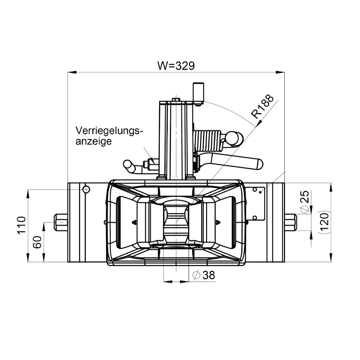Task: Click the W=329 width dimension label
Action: click(175, 65)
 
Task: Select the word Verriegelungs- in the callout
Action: click(109, 131)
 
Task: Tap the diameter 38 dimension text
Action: click(203, 275)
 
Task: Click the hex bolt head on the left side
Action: click(60, 222)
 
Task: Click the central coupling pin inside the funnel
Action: click(176, 223)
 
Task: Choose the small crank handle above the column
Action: click(198, 93)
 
